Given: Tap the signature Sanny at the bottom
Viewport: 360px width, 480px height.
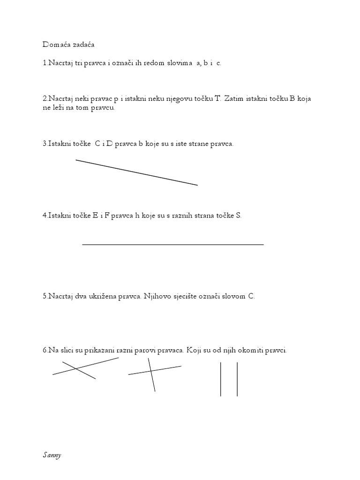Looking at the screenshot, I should pos(51,455).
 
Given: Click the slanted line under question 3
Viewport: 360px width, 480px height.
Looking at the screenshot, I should pos(136,172).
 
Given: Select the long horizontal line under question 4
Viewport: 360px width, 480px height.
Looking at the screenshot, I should pos(172,244).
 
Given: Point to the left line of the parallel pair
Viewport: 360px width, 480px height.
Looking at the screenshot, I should pos(220,379).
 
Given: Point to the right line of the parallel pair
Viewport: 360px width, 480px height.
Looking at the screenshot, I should pos(237,379).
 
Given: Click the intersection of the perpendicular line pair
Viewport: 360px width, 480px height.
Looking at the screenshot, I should pos(151,371).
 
